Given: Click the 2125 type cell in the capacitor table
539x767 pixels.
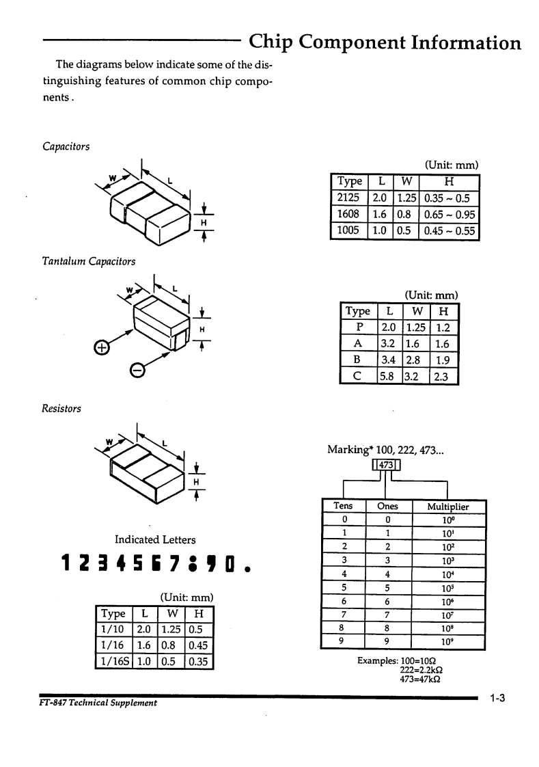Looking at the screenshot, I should tap(348, 198).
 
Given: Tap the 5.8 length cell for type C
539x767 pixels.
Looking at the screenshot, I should tap(387, 375).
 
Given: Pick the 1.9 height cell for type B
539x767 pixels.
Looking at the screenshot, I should tap(441, 360).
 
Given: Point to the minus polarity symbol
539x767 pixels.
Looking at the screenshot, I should tap(137, 371).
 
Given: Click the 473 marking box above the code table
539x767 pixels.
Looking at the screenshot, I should tap(385, 466).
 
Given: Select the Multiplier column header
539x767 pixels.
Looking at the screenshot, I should tap(447, 507).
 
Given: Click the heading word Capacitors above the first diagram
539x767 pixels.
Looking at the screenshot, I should tap(66, 146).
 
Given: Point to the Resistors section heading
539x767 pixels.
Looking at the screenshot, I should tap(61, 409).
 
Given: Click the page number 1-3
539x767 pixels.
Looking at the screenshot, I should tap(497, 698).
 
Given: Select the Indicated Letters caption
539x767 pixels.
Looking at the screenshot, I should tap(154, 540).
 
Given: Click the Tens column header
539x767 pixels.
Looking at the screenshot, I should tap(343, 507).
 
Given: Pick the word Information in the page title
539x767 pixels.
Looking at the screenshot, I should tap(466, 42).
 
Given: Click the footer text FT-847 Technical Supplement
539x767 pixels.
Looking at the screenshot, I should tap(98, 703).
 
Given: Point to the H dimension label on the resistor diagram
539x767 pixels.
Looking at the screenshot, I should tap(197, 481).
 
